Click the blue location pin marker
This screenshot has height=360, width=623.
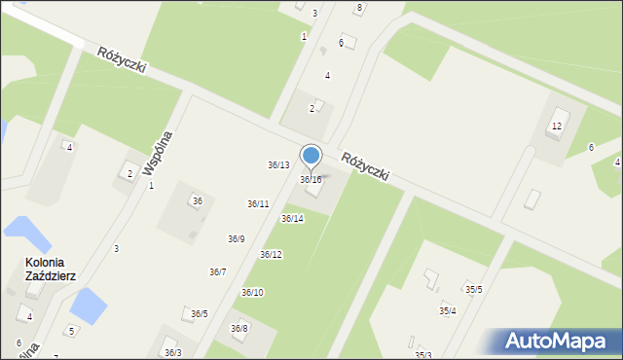(x=311, y=157)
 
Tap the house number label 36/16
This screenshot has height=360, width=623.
(x=311, y=180)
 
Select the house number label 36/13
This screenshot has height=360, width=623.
(x=278, y=165)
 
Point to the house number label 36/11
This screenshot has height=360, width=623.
(x=258, y=203)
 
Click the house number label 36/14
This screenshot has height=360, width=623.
(x=292, y=219)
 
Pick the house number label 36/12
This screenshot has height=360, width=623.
(x=271, y=255)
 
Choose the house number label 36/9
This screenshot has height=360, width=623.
(x=237, y=239)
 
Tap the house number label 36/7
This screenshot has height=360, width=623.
(x=218, y=272)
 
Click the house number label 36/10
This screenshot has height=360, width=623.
(x=252, y=292)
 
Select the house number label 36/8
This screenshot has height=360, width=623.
(x=238, y=329)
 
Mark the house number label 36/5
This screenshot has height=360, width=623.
(x=199, y=314)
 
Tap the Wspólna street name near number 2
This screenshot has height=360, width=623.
(x=157, y=153)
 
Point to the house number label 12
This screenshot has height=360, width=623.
(x=557, y=127)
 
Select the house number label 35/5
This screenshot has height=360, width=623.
(x=473, y=290)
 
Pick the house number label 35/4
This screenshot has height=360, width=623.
(x=447, y=311)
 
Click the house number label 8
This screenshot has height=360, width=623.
(x=359, y=8)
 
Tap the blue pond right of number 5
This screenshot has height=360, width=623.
(x=88, y=307)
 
